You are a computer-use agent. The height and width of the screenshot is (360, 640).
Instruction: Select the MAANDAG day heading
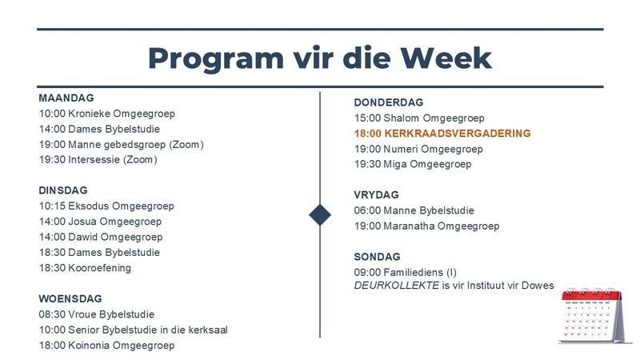coord(66,98)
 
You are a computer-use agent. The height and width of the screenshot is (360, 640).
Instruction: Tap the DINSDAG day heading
coord(63,190)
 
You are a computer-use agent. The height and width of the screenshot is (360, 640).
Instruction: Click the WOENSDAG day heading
coord(70,298)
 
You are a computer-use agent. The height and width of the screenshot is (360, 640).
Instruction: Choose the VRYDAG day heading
coord(376,194)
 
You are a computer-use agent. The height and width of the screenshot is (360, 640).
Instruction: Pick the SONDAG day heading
coord(377,257)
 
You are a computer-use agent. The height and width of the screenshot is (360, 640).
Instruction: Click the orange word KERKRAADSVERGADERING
coord(458,134)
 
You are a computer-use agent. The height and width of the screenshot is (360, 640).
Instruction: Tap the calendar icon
coord(594,315)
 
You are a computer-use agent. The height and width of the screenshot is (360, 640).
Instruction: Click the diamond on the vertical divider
coord(320,214)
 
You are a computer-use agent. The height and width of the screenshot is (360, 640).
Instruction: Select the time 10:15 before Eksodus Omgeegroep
coord(52,206)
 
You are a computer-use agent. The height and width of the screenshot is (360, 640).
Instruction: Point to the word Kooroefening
coord(99,268)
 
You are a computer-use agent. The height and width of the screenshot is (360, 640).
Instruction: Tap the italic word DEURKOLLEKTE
coord(396,286)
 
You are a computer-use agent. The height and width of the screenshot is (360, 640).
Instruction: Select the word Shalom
coord(402,118)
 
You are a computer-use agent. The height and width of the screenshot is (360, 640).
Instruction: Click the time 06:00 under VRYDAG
coord(367,210)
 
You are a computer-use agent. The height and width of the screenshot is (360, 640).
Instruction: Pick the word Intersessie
coord(94,159)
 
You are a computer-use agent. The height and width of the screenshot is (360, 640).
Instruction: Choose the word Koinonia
coord(89,346)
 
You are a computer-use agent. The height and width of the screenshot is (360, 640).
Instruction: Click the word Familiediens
coord(413,272)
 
